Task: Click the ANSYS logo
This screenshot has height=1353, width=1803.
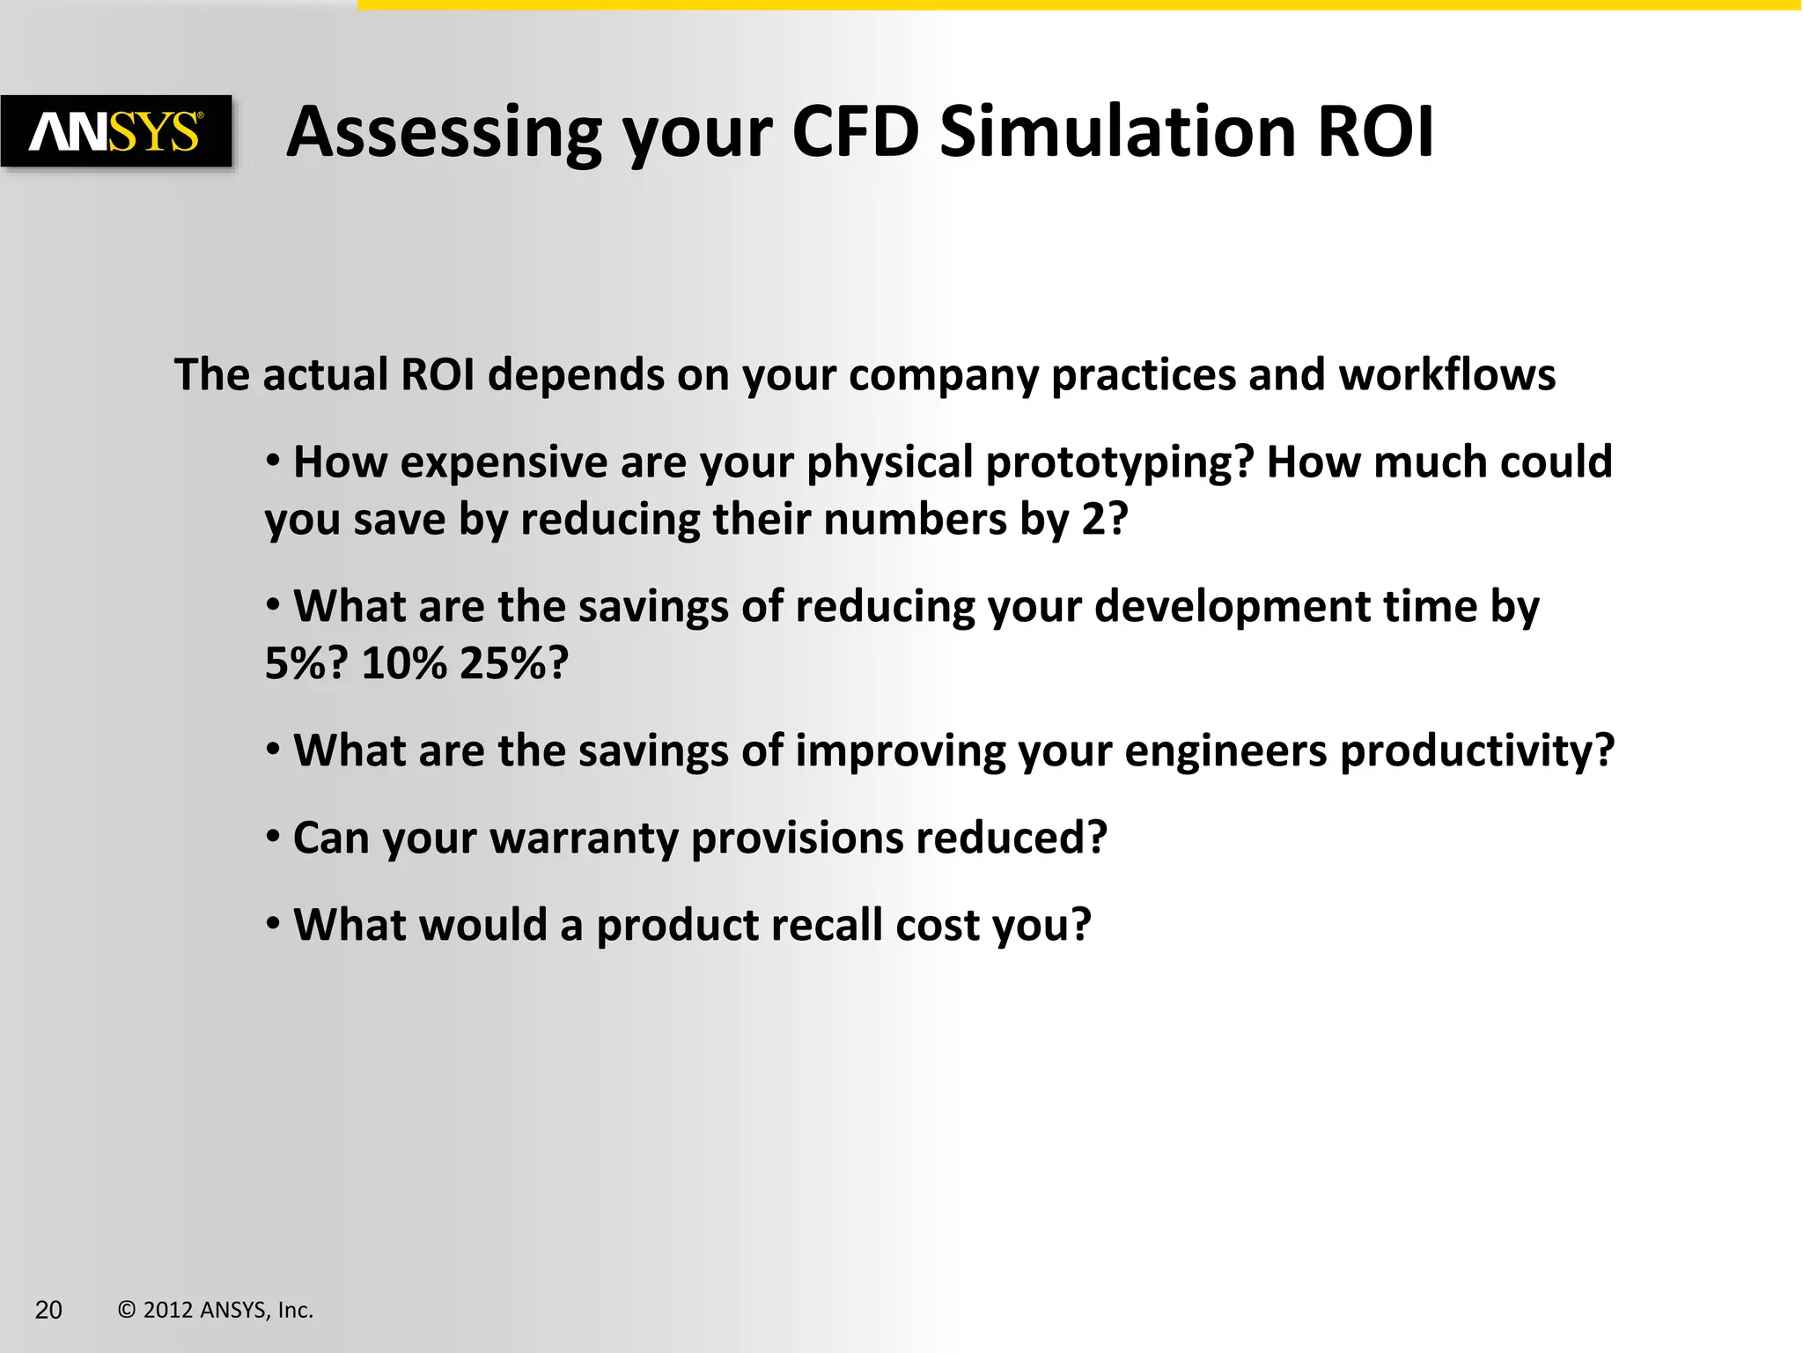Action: [116, 132]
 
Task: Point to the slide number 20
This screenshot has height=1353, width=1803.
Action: [48, 1310]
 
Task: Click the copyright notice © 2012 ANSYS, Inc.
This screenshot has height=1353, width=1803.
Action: [216, 1310]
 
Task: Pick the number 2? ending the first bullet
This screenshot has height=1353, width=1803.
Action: [1104, 519]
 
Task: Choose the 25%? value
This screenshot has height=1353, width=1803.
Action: [514, 663]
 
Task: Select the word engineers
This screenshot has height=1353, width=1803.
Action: [1225, 752]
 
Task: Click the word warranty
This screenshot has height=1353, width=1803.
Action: [584, 839]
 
